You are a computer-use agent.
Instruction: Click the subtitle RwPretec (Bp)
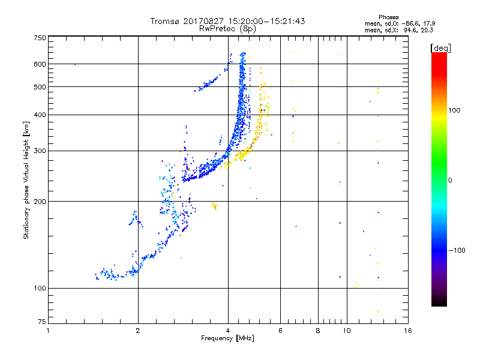pos(228,28)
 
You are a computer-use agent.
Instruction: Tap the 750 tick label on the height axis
pos(40,38)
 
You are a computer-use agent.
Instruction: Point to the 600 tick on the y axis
pos(40,64)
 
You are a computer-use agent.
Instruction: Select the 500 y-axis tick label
pos(40,87)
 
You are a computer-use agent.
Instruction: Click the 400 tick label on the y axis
pos(40,115)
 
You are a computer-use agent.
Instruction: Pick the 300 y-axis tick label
pos(40,151)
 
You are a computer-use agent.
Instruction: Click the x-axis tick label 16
pos(407,331)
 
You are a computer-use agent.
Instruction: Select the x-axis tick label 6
pos(281,331)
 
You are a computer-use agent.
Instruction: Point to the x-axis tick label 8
pos(318,331)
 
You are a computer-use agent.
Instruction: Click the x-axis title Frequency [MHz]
pos(228,339)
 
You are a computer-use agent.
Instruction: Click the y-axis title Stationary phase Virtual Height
pos(26,180)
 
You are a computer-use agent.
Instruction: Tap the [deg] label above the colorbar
pos(439,47)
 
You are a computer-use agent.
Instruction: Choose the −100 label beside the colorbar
pos(458,250)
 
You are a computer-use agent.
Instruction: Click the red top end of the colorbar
pos(439,55)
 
